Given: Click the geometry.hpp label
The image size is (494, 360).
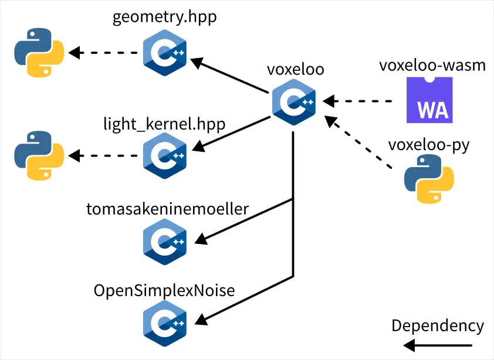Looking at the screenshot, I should [x=164, y=17].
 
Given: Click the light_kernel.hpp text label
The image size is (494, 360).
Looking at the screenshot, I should [x=164, y=124].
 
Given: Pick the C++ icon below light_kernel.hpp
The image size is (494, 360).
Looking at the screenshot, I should [x=165, y=155].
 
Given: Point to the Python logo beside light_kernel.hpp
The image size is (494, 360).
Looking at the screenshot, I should [x=39, y=155].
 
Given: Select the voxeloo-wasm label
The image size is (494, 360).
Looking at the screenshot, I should [x=432, y=65].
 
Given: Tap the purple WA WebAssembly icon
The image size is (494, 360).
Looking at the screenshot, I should [x=429, y=100].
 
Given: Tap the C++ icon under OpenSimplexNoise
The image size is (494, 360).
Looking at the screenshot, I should [x=165, y=322].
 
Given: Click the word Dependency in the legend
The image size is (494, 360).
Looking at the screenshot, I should [x=438, y=326].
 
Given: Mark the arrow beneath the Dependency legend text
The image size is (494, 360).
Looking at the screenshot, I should [x=439, y=345].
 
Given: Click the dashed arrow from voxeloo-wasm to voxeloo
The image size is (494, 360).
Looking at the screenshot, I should [x=358, y=101].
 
